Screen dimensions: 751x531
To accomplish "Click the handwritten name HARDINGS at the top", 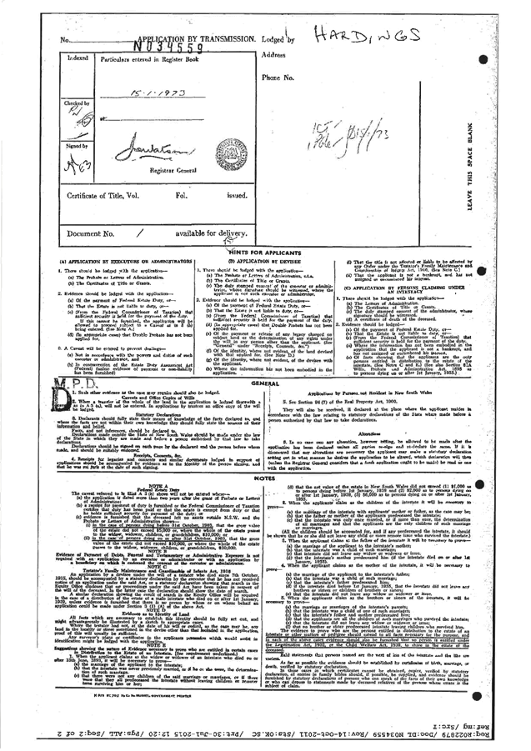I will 366,34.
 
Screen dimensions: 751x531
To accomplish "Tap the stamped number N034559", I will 168,48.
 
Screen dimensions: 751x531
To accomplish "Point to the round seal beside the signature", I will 227,152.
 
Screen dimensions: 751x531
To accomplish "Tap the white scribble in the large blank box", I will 338,132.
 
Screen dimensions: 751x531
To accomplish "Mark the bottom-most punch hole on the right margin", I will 478,697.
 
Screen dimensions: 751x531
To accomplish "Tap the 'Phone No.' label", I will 277,78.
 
